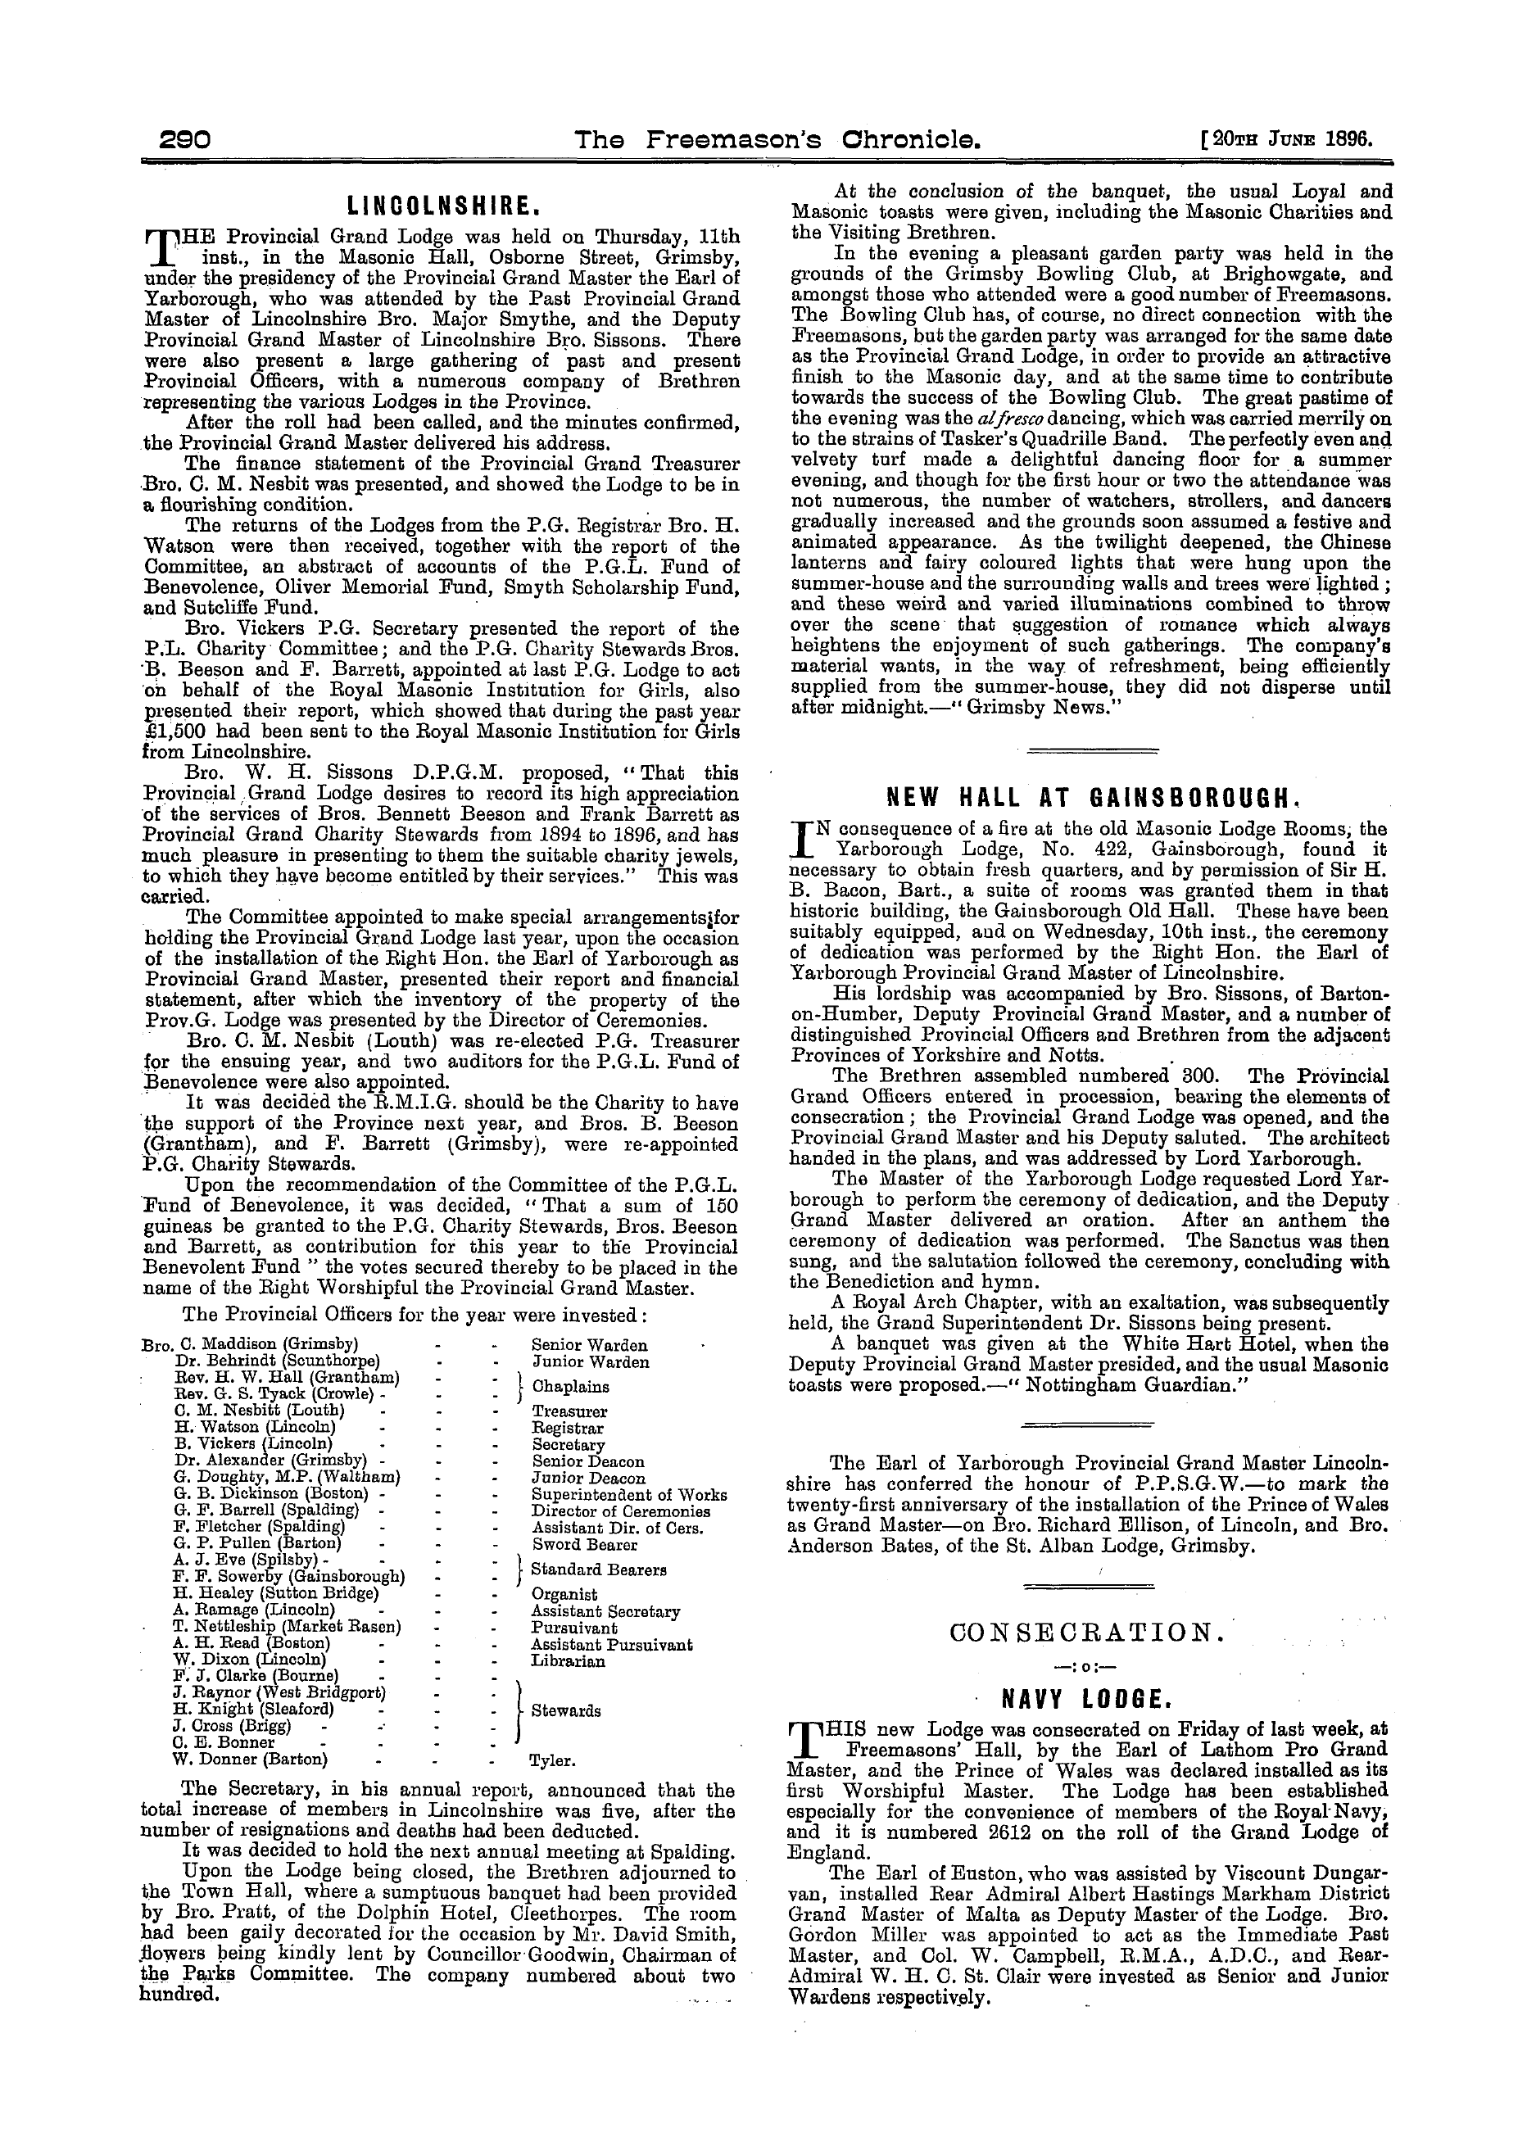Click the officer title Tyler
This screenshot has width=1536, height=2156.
click(x=553, y=1760)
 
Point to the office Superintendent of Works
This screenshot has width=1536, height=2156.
click(x=629, y=1495)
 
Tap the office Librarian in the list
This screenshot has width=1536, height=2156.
click(x=568, y=1660)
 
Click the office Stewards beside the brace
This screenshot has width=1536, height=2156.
click(x=565, y=1710)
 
